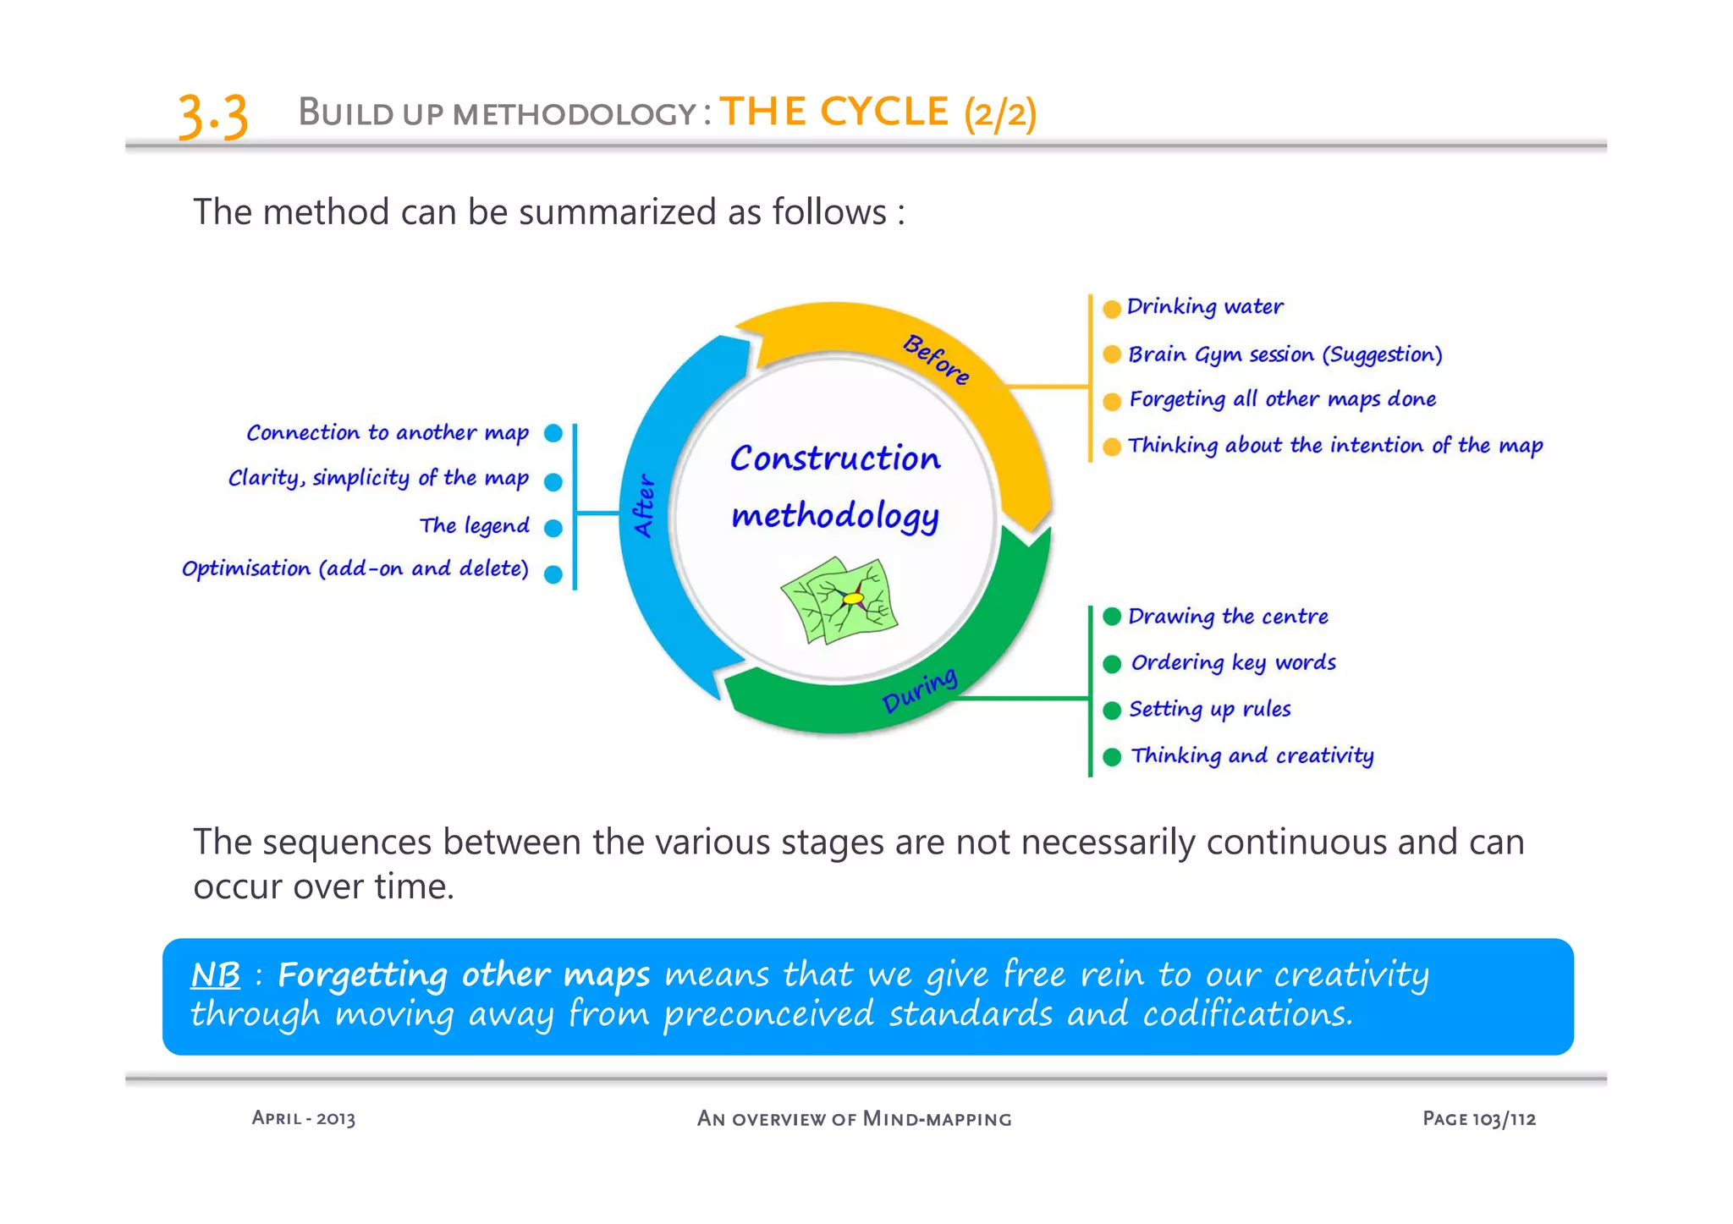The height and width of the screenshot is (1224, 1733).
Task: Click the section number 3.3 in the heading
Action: (212, 116)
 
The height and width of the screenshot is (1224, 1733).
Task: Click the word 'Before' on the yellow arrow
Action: (936, 360)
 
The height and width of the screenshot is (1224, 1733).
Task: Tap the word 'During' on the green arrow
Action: (920, 690)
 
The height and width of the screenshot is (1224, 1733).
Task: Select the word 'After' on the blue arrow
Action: (645, 505)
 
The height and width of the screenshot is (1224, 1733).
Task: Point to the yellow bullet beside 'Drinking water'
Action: (1112, 309)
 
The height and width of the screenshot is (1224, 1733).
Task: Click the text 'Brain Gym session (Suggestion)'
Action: (1285, 354)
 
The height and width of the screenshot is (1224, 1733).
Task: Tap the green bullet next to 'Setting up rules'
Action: (1112, 711)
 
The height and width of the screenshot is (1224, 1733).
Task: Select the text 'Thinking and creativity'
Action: (1252, 755)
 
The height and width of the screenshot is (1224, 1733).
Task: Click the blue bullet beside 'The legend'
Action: (553, 529)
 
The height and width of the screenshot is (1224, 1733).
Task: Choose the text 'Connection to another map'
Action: (388, 433)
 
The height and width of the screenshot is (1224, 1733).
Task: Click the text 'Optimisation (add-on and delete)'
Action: (355, 568)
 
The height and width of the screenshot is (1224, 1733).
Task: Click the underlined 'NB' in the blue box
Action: (216, 975)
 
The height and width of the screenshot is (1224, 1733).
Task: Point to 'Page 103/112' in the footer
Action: (1478, 1118)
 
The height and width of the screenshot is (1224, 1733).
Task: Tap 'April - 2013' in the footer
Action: (303, 1118)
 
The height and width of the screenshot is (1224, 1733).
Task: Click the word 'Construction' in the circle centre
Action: (835, 458)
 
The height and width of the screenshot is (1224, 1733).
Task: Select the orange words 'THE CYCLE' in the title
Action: (833, 112)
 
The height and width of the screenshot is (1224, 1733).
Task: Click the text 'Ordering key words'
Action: (1233, 662)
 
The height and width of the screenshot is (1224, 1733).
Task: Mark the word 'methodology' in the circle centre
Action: (835, 516)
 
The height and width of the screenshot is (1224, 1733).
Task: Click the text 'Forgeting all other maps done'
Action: (1282, 399)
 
